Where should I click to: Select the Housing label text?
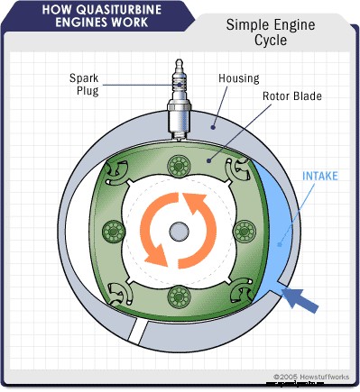[x=238, y=78]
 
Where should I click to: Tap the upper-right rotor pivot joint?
[x=243, y=169]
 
